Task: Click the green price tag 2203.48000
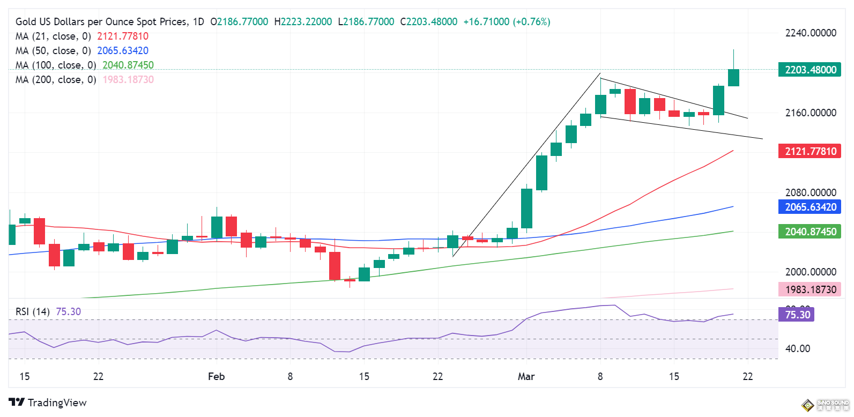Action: [810, 70]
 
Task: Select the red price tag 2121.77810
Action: [810, 151]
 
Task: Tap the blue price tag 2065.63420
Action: [810, 207]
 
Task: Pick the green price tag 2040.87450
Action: [810, 232]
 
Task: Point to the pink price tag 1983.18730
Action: [810, 289]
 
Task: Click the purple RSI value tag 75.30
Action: [797, 315]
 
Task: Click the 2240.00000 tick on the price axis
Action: [810, 33]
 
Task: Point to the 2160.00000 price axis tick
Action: [810, 113]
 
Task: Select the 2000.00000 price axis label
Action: [810, 272]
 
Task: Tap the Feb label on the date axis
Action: [216, 376]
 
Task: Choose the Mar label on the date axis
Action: [526, 376]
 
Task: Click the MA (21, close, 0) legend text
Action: [53, 36]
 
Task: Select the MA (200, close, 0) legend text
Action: [56, 80]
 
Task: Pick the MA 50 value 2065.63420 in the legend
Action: [123, 51]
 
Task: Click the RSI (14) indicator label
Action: [33, 311]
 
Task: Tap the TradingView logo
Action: [48, 403]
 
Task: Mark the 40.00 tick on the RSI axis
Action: [797, 348]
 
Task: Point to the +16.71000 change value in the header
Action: [486, 22]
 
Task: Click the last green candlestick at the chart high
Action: [733, 77]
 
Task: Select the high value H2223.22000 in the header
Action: [303, 22]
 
